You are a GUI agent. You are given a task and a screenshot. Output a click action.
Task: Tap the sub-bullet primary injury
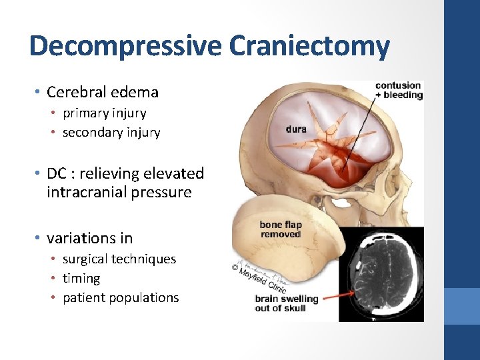[104, 113]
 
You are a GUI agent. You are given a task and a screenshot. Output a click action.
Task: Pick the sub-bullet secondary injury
[111, 133]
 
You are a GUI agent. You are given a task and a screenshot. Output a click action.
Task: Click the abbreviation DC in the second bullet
[57, 173]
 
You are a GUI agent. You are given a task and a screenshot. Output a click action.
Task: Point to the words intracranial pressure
[119, 193]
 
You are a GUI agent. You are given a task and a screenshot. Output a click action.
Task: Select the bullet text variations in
[89, 238]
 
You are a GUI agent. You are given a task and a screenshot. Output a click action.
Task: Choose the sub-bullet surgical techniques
[119, 259]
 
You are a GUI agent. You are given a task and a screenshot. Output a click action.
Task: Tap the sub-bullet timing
[81, 278]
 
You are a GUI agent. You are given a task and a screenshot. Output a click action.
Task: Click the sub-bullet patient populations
[121, 297]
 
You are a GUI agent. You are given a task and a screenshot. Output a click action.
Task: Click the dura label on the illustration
[296, 129]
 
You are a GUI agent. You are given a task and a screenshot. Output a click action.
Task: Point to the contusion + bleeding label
[398, 90]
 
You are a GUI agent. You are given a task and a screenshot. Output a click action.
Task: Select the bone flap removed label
[280, 229]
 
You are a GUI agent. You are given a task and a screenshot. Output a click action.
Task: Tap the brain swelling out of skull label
[280, 303]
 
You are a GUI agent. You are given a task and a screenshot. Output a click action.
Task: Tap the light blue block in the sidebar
[462, 306]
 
